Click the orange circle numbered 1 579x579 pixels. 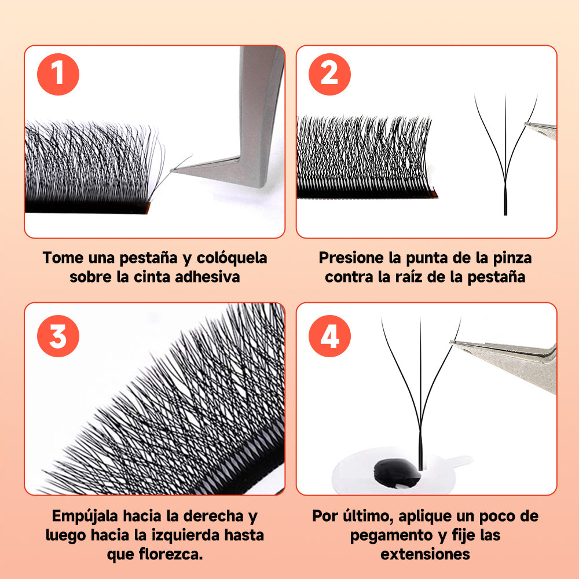tap(58, 74)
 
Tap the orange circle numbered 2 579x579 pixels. tap(329, 74)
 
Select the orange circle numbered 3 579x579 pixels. tap(58, 336)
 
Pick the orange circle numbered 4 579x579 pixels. tap(329, 336)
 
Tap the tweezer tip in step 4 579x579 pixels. tap(453, 343)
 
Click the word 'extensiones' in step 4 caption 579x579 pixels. tap(425, 554)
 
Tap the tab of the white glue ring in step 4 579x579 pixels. tap(463, 461)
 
